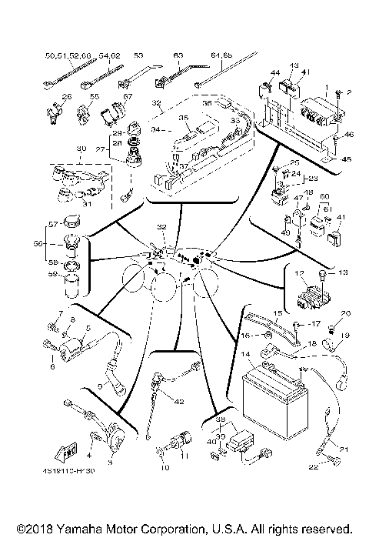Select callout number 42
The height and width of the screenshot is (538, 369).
(x=179, y=401)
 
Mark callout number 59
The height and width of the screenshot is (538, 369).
(x=52, y=273)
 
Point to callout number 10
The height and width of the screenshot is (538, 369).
(x=163, y=467)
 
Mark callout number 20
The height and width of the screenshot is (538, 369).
(x=345, y=313)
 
